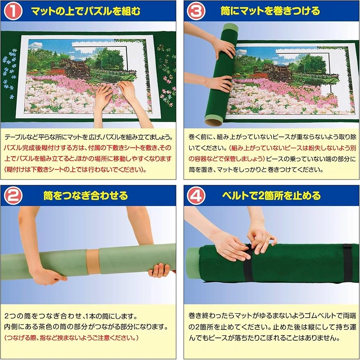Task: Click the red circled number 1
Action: click(13, 11)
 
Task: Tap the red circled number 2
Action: click(13, 196)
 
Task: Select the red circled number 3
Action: click(196, 11)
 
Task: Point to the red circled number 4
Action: click(196, 196)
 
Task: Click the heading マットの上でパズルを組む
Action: click(86, 11)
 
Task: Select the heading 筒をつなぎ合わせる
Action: click(85, 196)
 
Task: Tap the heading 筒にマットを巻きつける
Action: click(270, 11)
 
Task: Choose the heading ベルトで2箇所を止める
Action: click(271, 196)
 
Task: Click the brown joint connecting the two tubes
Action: click(93, 262)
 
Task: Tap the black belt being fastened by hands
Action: click(248, 264)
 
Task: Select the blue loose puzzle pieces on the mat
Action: click(9, 73)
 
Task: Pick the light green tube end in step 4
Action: click(192, 263)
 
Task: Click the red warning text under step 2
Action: click(71, 338)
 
